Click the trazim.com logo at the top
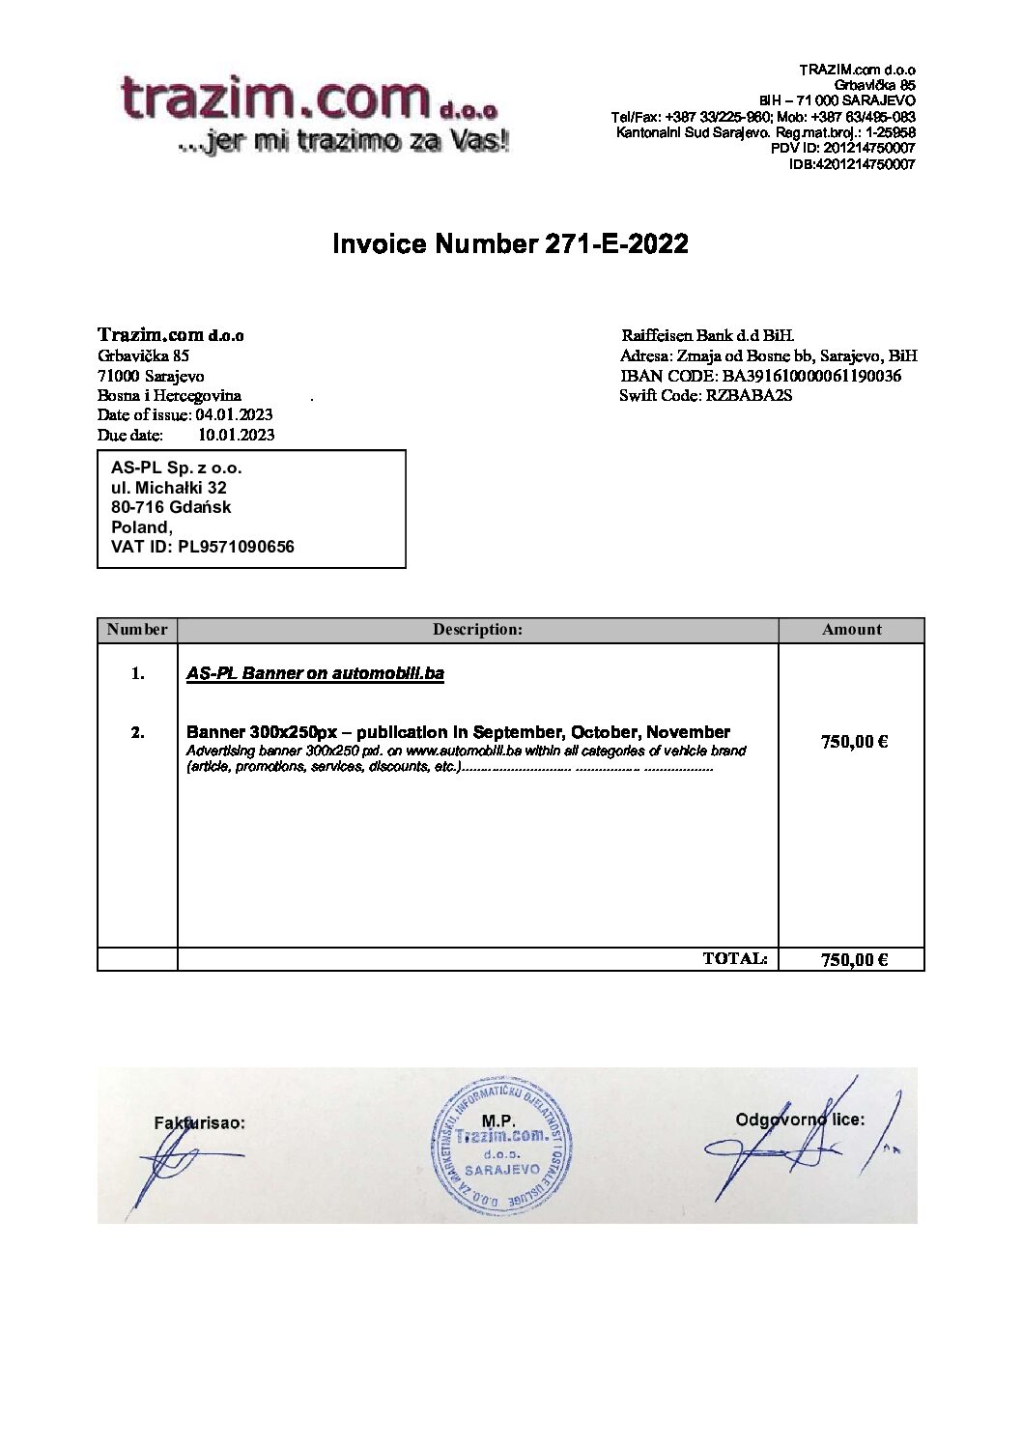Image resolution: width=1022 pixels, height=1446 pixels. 314,114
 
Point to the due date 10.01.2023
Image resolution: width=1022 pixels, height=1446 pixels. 236,435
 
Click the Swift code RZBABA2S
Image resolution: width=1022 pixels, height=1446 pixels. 749,395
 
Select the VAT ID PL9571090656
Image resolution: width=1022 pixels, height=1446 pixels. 236,547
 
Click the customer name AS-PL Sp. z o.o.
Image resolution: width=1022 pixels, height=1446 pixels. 177,468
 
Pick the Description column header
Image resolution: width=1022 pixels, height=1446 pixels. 477,630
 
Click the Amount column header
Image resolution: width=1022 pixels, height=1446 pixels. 851,630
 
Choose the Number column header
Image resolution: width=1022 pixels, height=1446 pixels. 137,630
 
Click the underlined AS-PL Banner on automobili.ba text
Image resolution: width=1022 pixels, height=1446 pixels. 315,673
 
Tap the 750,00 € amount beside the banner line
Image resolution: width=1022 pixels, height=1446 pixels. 854,742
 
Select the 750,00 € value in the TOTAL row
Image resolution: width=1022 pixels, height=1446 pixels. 854,959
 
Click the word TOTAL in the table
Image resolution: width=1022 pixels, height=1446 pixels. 734,958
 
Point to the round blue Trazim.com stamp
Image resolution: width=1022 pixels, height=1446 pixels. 501,1147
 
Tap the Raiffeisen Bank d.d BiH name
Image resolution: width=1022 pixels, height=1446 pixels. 707,336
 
